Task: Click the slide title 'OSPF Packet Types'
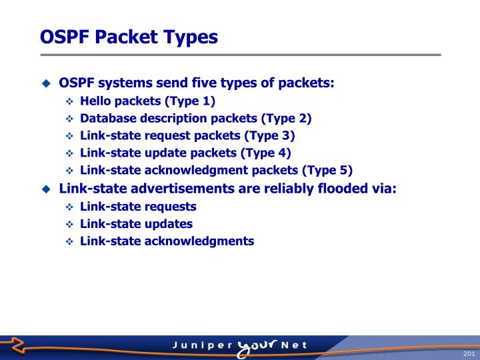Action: click(129, 36)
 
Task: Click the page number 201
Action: click(467, 353)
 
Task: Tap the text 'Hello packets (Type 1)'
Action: click(147, 101)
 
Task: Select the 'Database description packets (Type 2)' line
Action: click(195, 119)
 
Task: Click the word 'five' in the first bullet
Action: click(224, 83)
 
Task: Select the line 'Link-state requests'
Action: click(138, 206)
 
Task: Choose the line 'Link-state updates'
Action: click(136, 223)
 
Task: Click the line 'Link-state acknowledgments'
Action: click(167, 241)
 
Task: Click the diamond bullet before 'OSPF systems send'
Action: click(46, 84)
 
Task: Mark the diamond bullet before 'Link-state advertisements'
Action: click(46, 189)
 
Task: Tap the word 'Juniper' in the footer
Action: click(201, 346)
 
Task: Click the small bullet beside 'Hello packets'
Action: click(69, 102)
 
